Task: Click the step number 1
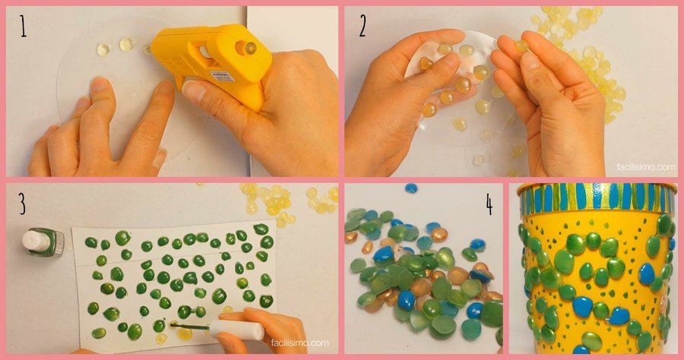pyautogui.click(x=23, y=26)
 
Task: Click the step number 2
pyautogui.click(x=363, y=27)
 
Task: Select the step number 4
pyautogui.click(x=489, y=204)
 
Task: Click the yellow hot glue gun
pyautogui.click(x=214, y=61)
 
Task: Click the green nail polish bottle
pyautogui.click(x=43, y=242)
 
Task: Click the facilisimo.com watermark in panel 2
pyautogui.click(x=645, y=166)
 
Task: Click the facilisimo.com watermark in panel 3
pyautogui.click(x=299, y=343)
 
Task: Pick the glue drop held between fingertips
pyautogui.click(x=521, y=46)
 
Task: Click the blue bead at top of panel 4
pyautogui.click(x=411, y=188)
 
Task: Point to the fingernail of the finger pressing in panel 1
pyautogui.click(x=99, y=84)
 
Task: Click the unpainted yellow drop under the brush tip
pyautogui.click(x=184, y=334)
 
